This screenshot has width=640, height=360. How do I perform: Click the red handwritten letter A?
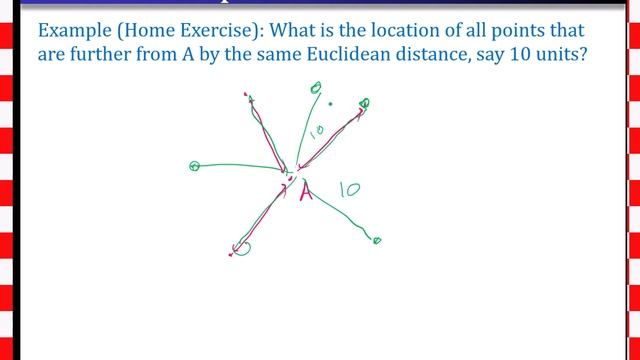click(306, 190)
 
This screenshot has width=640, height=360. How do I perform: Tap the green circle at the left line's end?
click(195, 166)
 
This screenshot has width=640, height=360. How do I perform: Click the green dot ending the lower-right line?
click(377, 240)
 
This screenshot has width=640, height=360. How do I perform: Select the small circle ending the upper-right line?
click(364, 103)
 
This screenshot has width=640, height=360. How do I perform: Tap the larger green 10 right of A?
click(349, 187)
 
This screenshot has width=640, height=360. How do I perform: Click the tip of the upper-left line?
click(246, 97)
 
